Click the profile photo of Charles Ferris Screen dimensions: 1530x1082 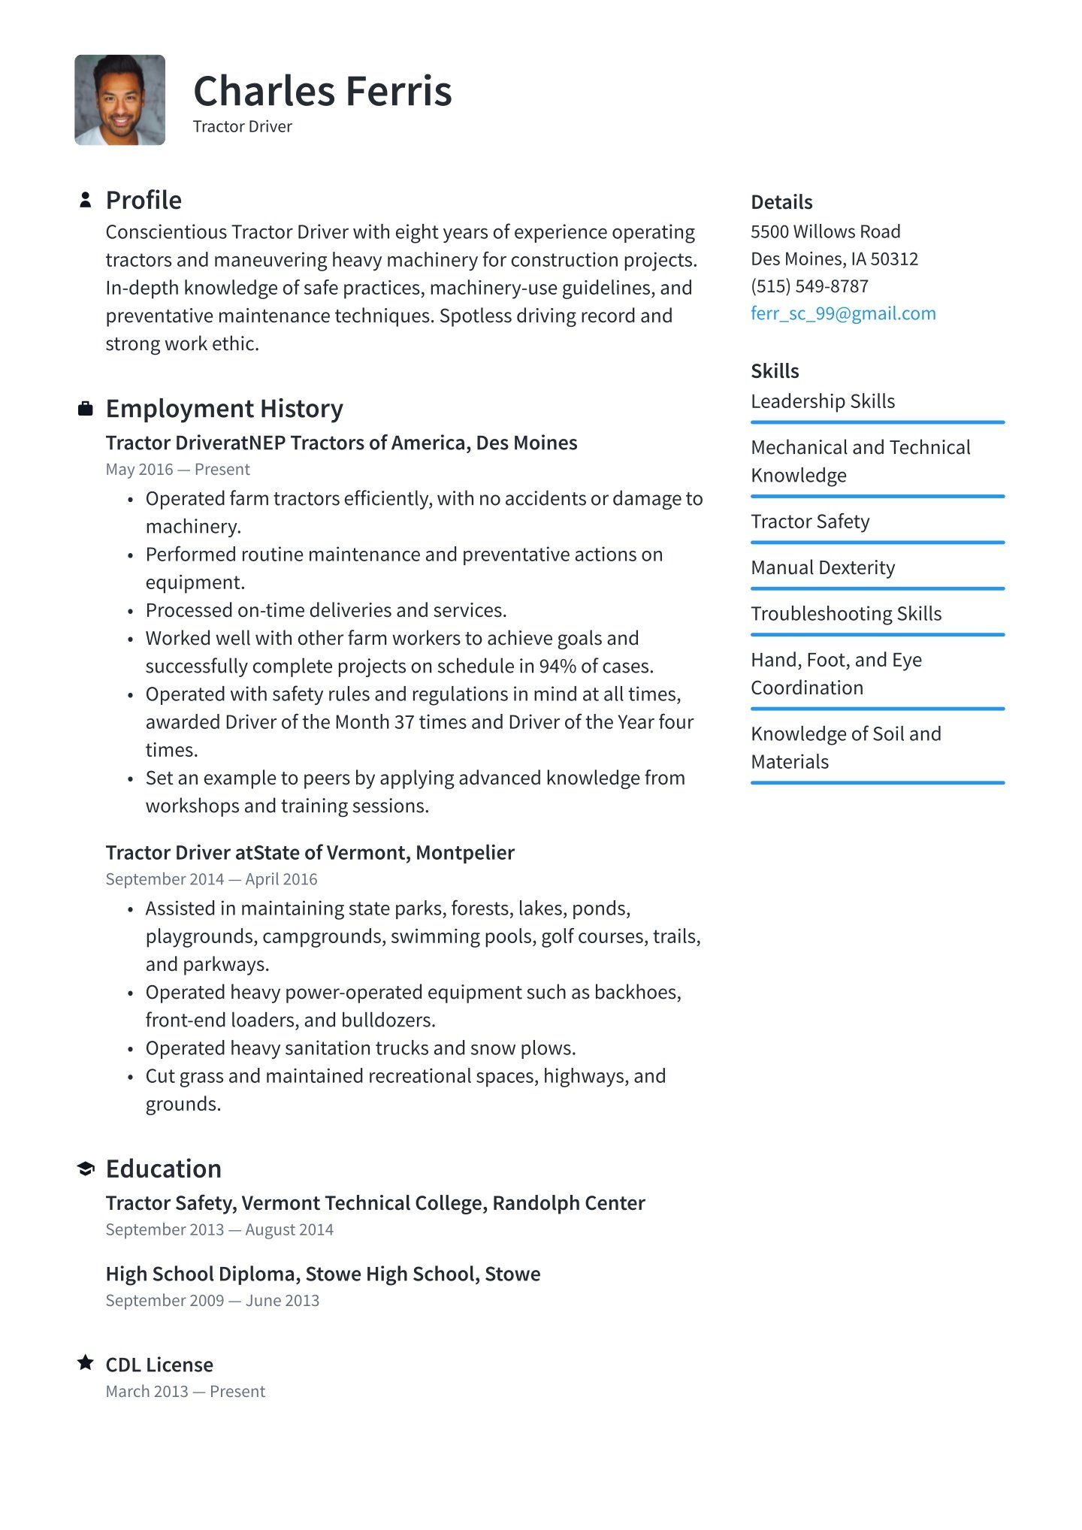(119, 100)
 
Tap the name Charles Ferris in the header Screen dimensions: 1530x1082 (322, 92)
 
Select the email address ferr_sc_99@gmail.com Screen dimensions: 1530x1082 (843, 313)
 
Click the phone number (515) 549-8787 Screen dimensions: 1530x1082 (809, 286)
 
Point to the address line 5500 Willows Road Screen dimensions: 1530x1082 (825, 231)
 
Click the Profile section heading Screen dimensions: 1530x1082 (144, 200)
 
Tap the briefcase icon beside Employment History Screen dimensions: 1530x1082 (86, 409)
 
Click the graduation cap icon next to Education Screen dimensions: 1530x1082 (86, 1169)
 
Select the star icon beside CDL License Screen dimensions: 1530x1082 (86, 1362)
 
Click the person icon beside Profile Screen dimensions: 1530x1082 (86, 200)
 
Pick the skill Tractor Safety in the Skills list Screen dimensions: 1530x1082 (810, 522)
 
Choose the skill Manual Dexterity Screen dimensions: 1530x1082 (823, 567)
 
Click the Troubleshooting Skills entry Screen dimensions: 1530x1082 (846, 614)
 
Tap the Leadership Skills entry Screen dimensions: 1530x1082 (823, 401)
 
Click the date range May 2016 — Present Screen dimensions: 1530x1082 (177, 470)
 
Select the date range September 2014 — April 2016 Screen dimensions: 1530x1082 (211, 879)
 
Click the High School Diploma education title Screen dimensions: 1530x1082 (322, 1274)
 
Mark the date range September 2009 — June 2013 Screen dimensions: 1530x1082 (212, 1301)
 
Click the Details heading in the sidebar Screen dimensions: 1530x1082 (781, 202)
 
